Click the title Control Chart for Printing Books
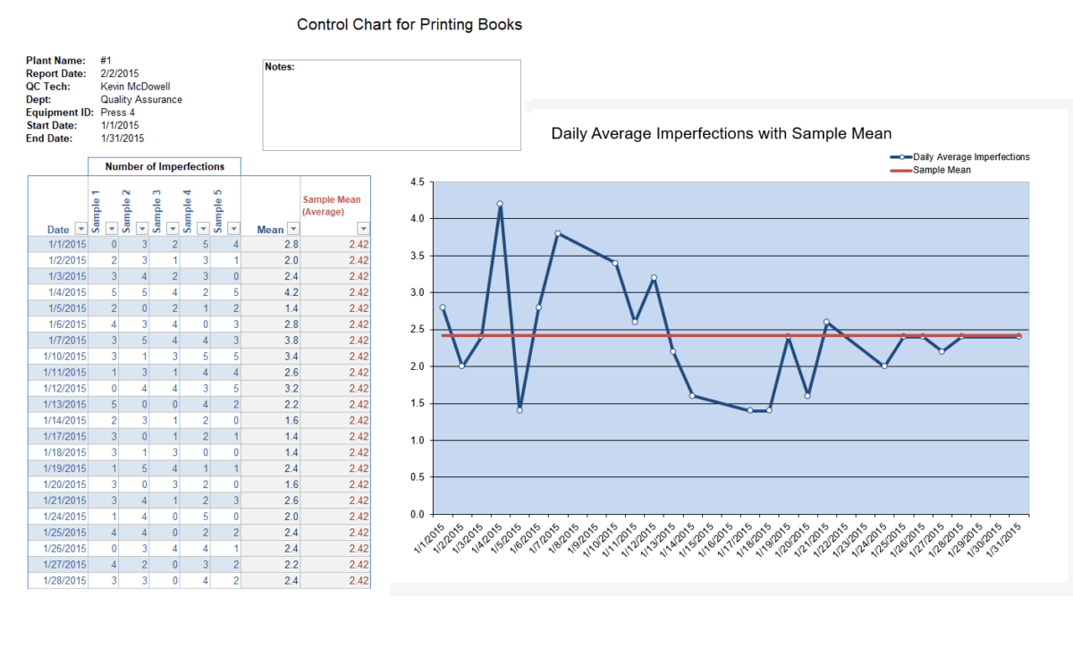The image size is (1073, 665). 409,25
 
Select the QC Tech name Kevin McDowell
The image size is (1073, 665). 135,87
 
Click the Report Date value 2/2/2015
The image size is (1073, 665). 120,73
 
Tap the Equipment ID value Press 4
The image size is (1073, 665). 118,113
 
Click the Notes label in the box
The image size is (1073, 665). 280,67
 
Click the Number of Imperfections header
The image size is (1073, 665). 164,166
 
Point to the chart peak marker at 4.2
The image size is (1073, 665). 500,204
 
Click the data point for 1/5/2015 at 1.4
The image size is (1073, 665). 520,410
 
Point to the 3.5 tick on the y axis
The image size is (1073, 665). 416,256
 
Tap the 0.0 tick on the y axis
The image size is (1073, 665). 416,514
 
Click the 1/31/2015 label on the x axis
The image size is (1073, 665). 1006,540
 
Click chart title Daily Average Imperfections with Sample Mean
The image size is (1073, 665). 721,134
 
